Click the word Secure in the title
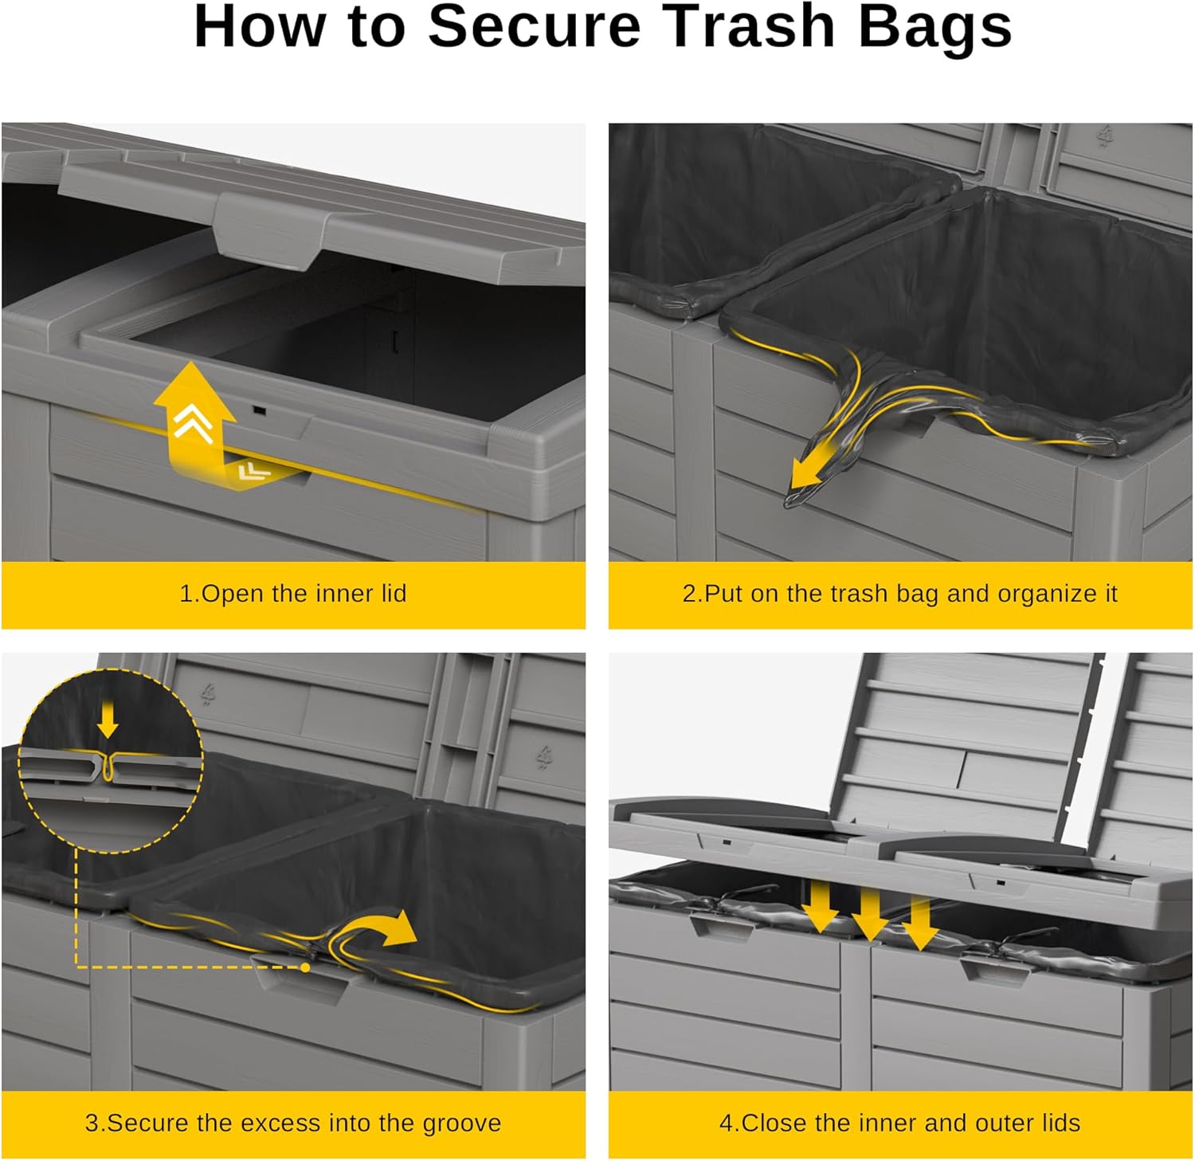pyautogui.click(x=535, y=26)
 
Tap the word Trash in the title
pyautogui.click(x=750, y=26)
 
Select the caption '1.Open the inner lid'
pyautogui.click(x=293, y=594)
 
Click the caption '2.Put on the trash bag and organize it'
pyautogui.click(x=900, y=594)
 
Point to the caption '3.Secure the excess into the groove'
pyautogui.click(x=293, y=1123)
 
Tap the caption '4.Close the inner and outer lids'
pyautogui.click(x=900, y=1123)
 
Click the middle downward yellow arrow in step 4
pyautogui.click(x=870, y=912)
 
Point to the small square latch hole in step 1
pyautogui.click(x=259, y=410)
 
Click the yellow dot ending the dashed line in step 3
pyautogui.click(x=306, y=967)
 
